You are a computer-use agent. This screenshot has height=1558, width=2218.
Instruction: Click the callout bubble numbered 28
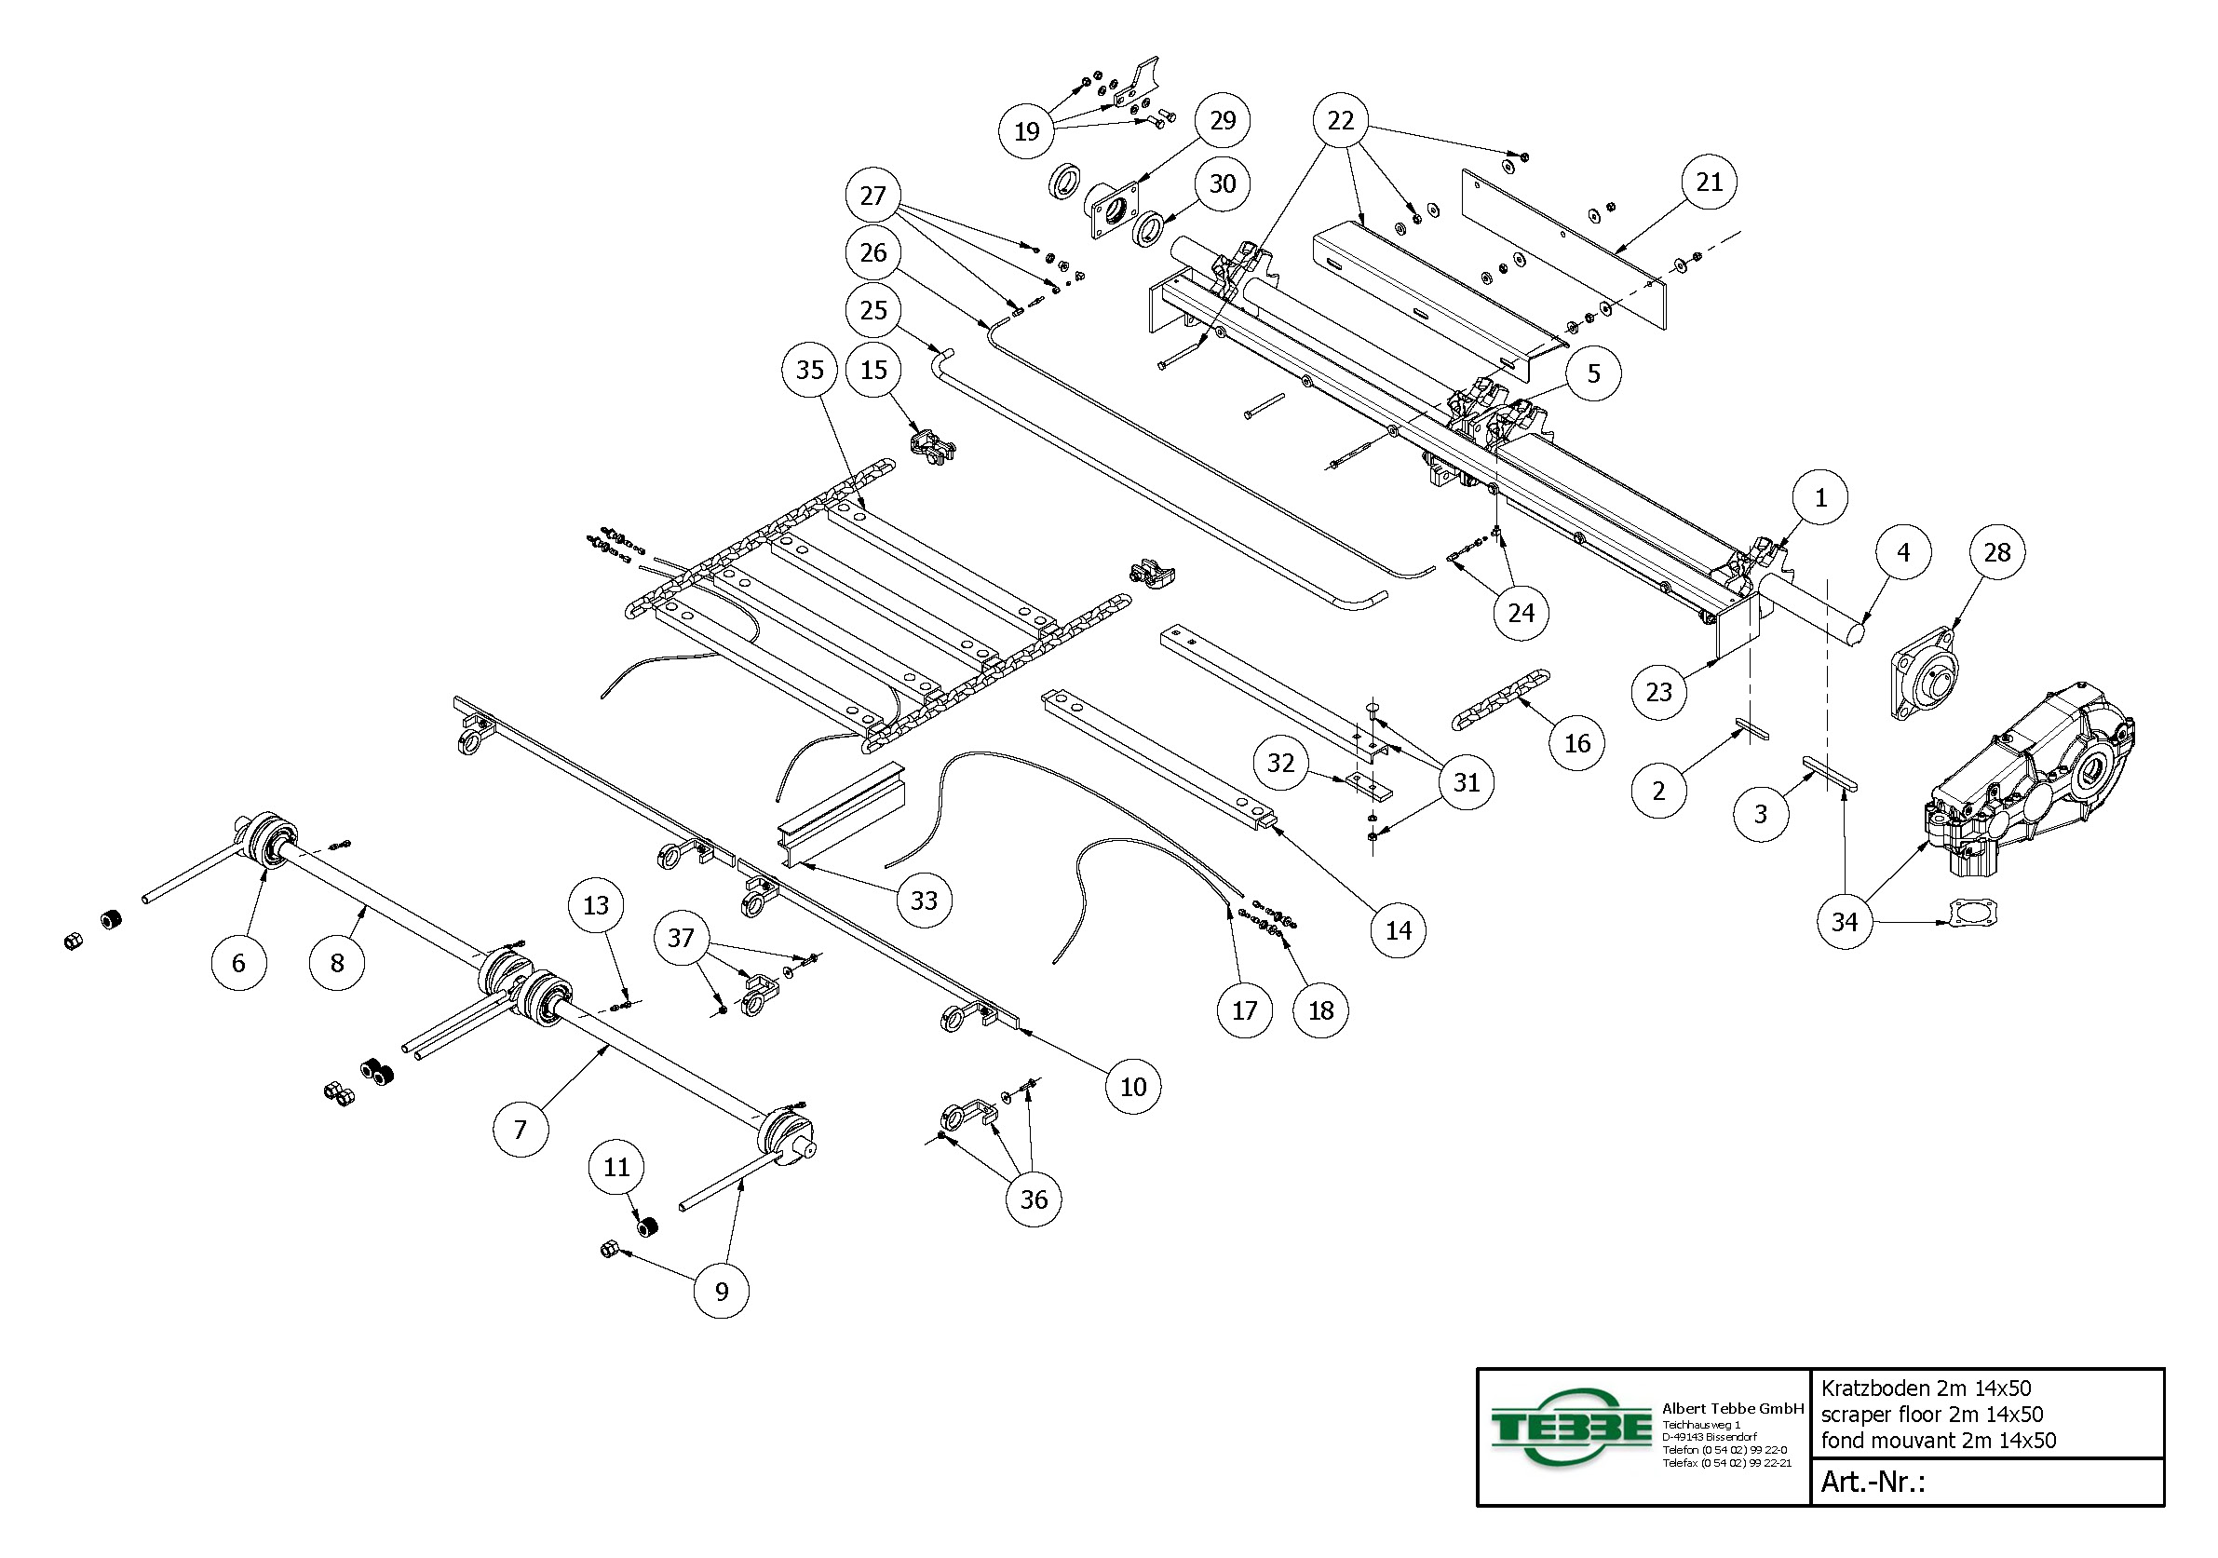(1996, 552)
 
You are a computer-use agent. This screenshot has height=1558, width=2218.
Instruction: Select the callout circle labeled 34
(1845, 921)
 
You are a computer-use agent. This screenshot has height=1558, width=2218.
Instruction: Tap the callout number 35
(809, 370)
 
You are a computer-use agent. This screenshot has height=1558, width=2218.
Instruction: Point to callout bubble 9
(722, 1292)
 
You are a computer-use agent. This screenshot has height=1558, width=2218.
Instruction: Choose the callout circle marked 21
(1709, 182)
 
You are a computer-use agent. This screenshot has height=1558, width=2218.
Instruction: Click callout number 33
(924, 901)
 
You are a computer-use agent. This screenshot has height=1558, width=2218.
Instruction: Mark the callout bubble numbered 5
(1594, 373)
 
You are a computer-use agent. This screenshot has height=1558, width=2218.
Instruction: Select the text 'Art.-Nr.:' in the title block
(1873, 1482)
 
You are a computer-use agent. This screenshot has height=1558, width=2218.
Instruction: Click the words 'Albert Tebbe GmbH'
(1732, 1408)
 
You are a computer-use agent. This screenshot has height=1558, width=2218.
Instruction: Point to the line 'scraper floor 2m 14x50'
(1931, 1414)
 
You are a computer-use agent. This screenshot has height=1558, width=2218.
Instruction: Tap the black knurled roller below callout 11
(647, 1227)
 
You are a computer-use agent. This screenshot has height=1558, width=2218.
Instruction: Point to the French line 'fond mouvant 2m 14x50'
(1938, 1440)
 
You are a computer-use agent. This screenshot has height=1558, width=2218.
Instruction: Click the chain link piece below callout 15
(932, 447)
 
